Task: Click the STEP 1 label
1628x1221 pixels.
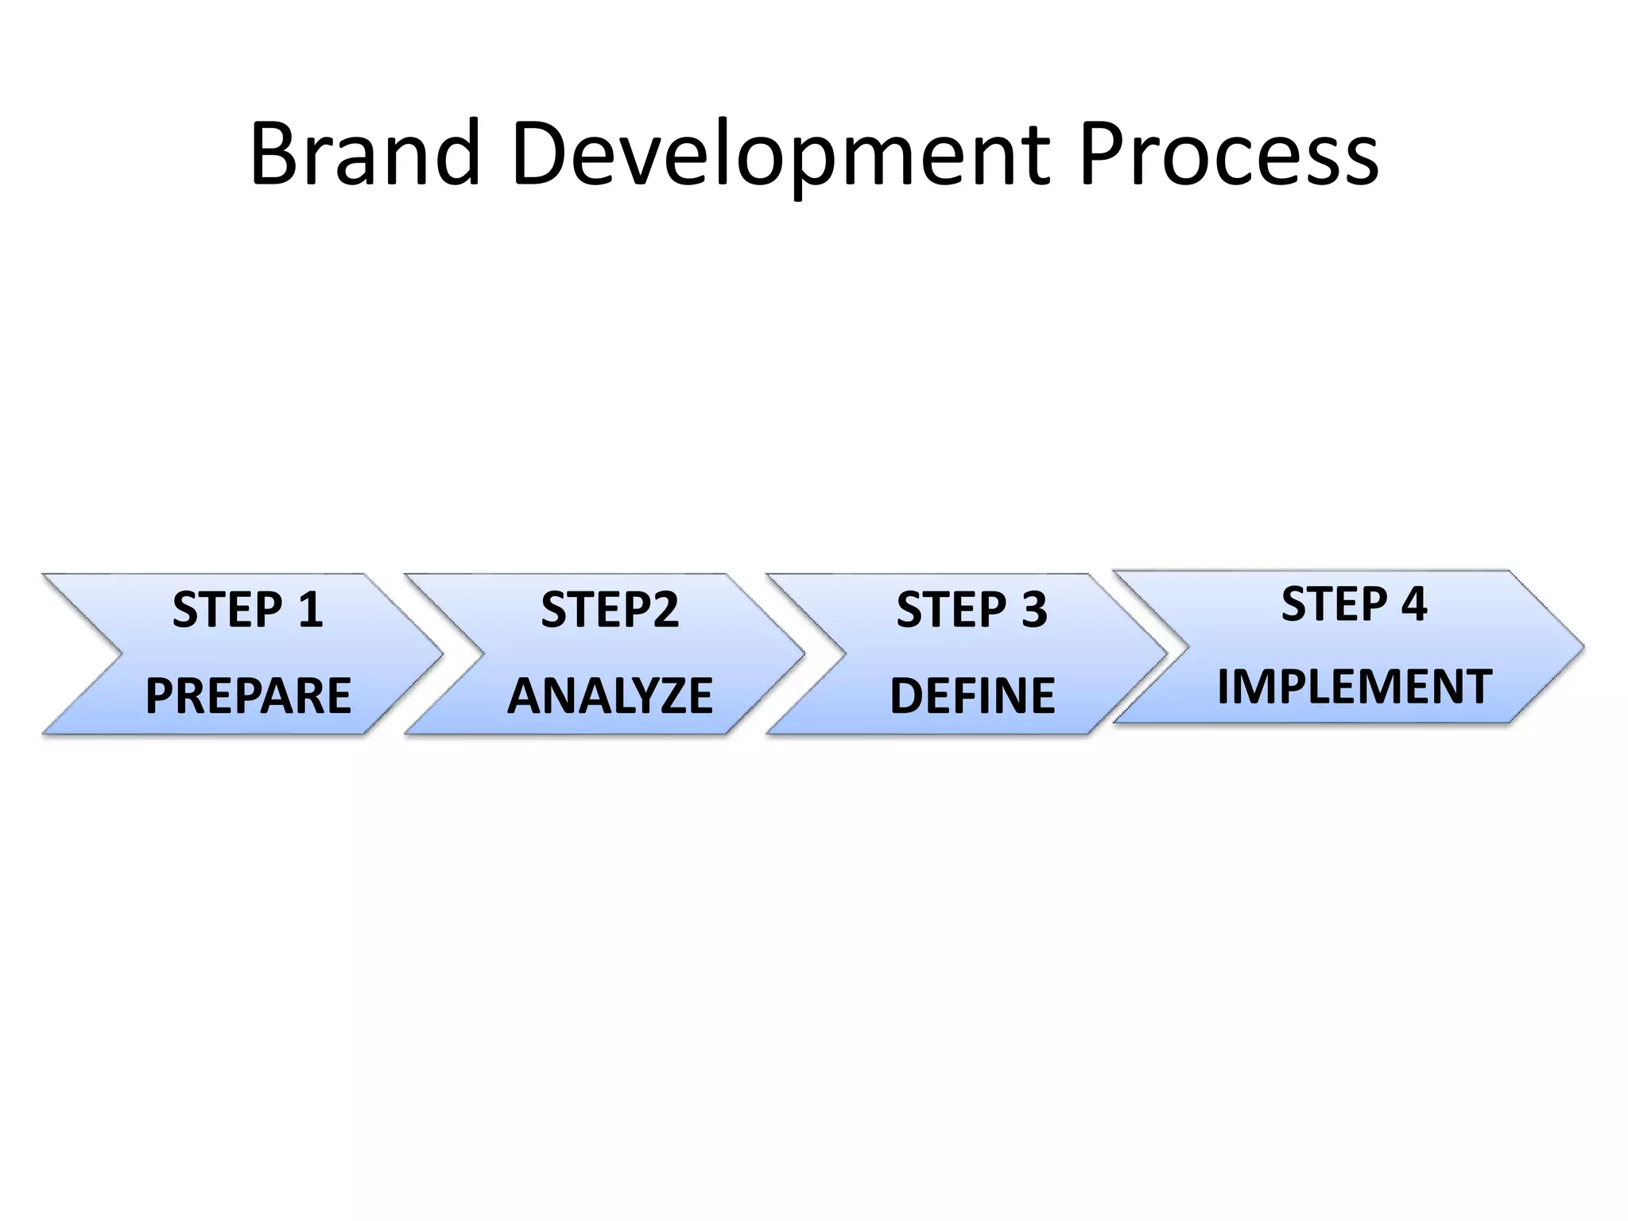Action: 248,610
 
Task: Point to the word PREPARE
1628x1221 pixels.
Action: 248,696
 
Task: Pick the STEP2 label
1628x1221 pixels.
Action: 610,610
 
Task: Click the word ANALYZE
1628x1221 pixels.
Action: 610,696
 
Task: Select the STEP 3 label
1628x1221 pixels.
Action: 971,610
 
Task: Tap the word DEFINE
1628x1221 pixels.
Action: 971,696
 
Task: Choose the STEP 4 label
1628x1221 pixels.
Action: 1354,603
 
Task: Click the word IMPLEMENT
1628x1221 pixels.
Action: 1354,687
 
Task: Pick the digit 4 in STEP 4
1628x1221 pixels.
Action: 1413,603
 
